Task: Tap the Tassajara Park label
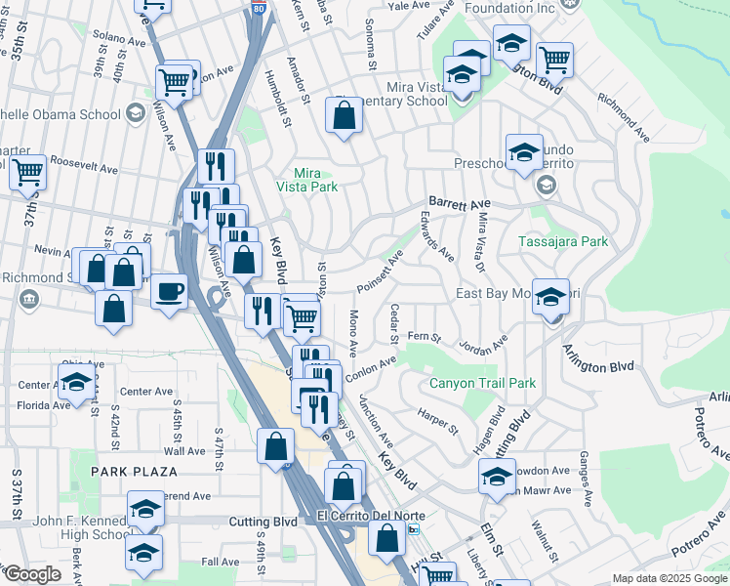pyautogui.click(x=565, y=241)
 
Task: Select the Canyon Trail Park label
pyautogui.click(x=482, y=383)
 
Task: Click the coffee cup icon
pyautogui.click(x=169, y=292)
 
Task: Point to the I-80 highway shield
pyautogui.click(x=257, y=9)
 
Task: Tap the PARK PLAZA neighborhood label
pyautogui.click(x=135, y=472)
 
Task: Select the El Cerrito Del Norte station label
pyautogui.click(x=364, y=516)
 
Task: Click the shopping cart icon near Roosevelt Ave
pyautogui.click(x=26, y=173)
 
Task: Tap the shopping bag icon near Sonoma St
pyautogui.click(x=345, y=116)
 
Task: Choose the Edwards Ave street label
pyautogui.click(x=436, y=235)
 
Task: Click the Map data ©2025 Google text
pyautogui.click(x=669, y=578)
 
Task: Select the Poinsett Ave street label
pyautogui.click(x=380, y=272)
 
